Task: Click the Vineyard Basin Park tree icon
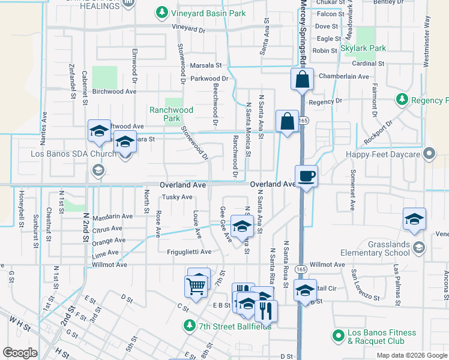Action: (x=161, y=12)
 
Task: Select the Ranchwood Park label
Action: (x=172, y=114)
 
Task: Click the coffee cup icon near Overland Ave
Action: (x=306, y=176)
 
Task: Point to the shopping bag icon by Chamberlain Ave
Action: (x=301, y=79)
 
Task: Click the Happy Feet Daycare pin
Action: (x=429, y=154)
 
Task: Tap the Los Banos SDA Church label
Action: (x=74, y=154)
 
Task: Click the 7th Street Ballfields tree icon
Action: (x=190, y=326)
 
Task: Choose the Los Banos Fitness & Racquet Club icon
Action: (x=338, y=334)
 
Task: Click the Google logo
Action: (x=19, y=353)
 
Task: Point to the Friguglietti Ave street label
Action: (x=190, y=252)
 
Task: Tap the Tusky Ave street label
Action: (x=177, y=197)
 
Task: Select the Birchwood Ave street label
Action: (x=115, y=92)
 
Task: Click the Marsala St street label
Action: (x=206, y=65)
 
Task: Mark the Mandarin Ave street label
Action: (x=112, y=216)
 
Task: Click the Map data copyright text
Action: (x=411, y=355)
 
